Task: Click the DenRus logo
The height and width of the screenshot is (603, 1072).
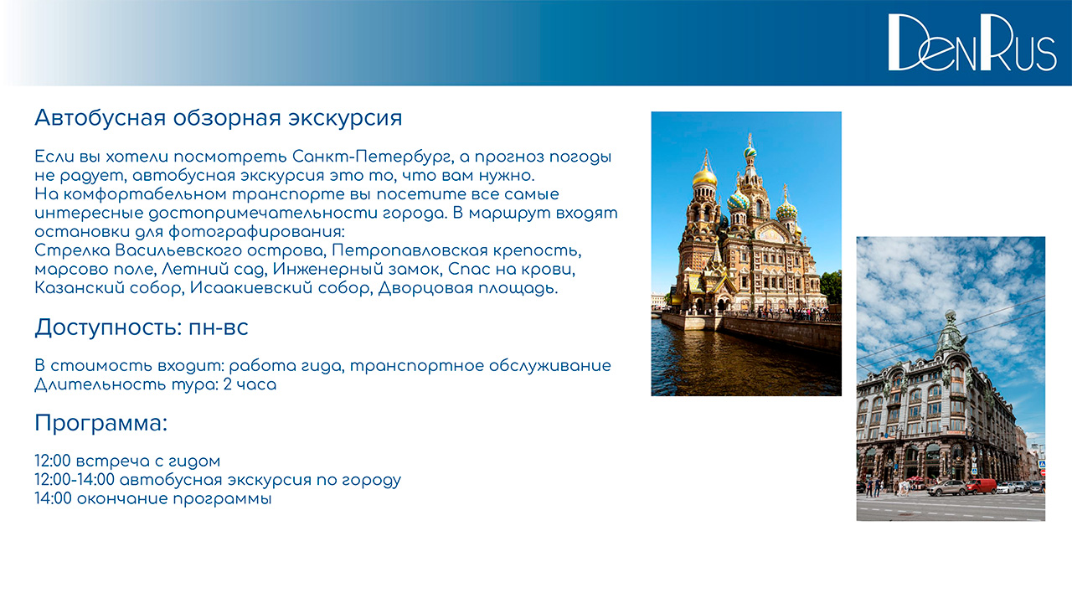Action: click(x=972, y=42)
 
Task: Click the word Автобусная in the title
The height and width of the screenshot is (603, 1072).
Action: click(x=100, y=118)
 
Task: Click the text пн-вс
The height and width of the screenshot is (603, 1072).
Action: click(x=219, y=328)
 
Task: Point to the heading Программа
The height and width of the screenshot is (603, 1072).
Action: click(x=101, y=424)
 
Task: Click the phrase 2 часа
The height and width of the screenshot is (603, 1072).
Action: click(x=250, y=384)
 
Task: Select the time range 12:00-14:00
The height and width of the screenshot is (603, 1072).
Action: click(x=75, y=480)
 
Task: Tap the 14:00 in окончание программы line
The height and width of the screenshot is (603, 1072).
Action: click(x=53, y=498)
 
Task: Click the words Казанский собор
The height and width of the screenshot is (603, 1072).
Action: click(x=108, y=288)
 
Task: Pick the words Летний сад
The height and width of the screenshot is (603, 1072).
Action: click(x=214, y=270)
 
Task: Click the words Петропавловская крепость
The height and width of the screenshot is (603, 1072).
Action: click(x=456, y=250)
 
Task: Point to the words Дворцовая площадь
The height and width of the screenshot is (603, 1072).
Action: click(x=468, y=289)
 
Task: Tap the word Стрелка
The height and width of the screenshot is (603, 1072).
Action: click(x=72, y=250)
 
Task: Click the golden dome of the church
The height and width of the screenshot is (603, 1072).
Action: click(x=704, y=177)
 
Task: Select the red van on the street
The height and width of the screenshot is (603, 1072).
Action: click(x=981, y=487)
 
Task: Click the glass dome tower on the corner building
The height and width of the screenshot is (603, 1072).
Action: click(x=951, y=334)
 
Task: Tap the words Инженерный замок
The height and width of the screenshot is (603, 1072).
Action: click(x=357, y=270)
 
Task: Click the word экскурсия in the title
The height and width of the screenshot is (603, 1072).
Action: click(x=345, y=119)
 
